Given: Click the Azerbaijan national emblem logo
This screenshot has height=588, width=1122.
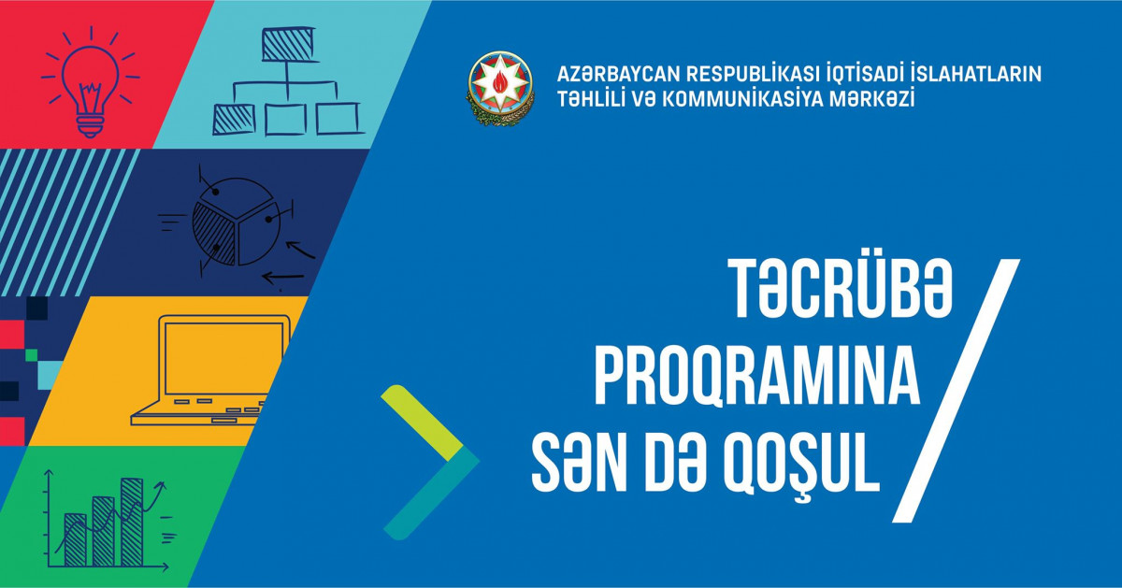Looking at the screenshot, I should (500, 87).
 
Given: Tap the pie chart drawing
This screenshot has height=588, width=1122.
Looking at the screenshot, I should (234, 222).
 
